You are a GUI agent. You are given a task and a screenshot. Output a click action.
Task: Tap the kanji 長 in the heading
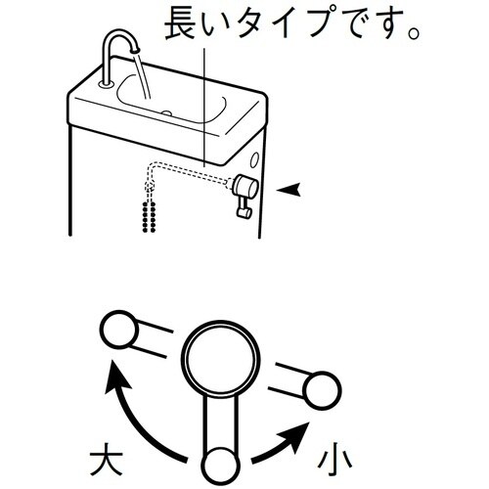181,22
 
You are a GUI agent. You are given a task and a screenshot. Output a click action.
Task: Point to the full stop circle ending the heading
414,33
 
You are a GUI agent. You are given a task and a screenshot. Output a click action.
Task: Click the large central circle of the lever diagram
221,358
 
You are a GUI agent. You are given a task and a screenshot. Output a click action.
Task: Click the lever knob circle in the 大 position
119,330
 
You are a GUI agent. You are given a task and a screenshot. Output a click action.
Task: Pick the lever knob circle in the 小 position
322,390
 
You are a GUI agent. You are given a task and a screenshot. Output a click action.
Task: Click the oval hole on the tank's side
254,160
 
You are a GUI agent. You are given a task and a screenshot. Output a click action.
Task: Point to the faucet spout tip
135,50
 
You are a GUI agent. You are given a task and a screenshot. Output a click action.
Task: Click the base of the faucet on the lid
107,84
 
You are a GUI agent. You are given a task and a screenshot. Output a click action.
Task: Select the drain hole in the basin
167,113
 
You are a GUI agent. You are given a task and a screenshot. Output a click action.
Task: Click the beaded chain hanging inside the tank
149,216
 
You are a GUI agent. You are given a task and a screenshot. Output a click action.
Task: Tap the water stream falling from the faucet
143,75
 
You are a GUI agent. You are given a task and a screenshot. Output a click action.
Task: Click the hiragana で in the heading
358,23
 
